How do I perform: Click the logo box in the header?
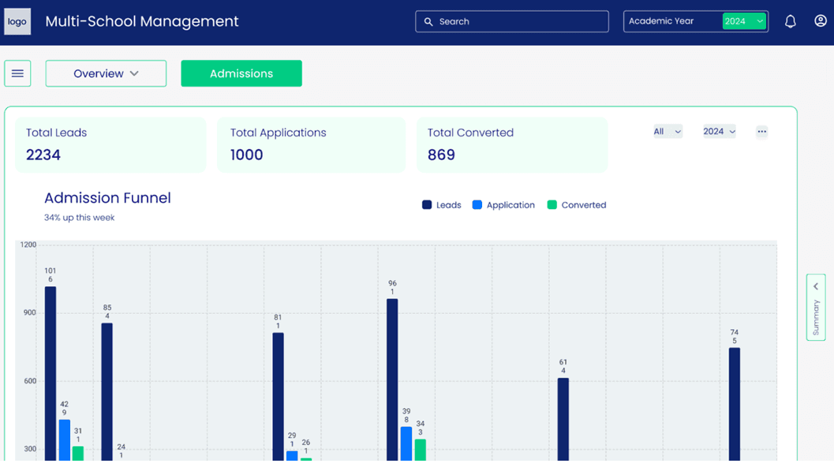[17, 21]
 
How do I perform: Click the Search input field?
[511, 21]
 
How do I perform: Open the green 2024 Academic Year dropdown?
[744, 21]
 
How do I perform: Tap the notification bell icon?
[791, 21]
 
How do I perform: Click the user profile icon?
[820, 21]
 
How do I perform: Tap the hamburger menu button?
[17, 73]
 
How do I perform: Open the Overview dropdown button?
[106, 73]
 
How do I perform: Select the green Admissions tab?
[241, 73]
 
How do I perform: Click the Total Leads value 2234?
[43, 155]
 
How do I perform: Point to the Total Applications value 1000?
[246, 155]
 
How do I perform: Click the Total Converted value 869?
[442, 155]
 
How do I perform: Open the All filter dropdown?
[668, 132]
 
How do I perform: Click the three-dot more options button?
[761, 132]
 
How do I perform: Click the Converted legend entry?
[577, 205]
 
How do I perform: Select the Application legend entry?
[503, 205]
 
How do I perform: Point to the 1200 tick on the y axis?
[28, 245]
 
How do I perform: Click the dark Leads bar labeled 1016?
[50, 373]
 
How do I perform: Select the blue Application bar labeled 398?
[406, 443]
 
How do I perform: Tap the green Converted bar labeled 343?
[421, 450]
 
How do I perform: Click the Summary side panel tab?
[816, 308]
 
